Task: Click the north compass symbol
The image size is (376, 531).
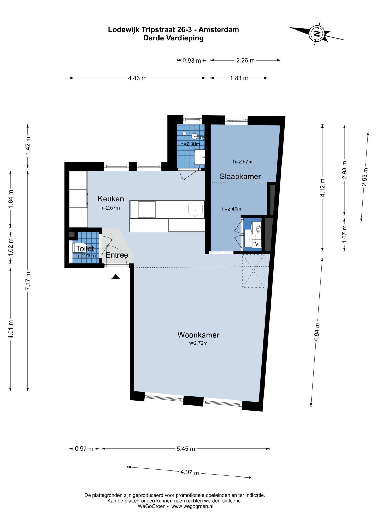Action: (x=317, y=34)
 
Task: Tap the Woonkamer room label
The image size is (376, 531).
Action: (x=198, y=335)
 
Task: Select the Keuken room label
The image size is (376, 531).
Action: (x=111, y=199)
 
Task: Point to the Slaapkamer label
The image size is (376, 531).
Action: (x=240, y=177)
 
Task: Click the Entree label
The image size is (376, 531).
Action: (x=117, y=255)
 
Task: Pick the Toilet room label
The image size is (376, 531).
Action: (x=85, y=249)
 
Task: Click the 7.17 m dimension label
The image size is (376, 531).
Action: (x=28, y=281)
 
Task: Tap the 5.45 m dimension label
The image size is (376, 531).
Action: (x=186, y=449)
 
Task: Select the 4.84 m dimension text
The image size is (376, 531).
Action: (x=317, y=332)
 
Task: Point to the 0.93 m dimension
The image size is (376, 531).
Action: (x=192, y=61)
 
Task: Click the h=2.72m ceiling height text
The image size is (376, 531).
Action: (x=198, y=343)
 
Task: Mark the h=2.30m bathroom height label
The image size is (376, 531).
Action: (x=190, y=144)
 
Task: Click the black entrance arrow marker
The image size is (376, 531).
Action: (x=115, y=277)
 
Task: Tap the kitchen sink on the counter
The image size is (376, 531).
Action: (x=196, y=210)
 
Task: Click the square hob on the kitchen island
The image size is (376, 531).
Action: (x=147, y=209)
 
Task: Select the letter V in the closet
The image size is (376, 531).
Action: (x=257, y=244)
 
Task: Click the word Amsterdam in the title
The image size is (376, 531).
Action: (x=219, y=30)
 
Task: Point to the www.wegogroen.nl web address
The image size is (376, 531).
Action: (x=192, y=506)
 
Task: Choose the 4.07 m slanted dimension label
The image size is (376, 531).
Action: (x=190, y=473)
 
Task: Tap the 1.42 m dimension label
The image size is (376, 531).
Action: (x=28, y=146)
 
